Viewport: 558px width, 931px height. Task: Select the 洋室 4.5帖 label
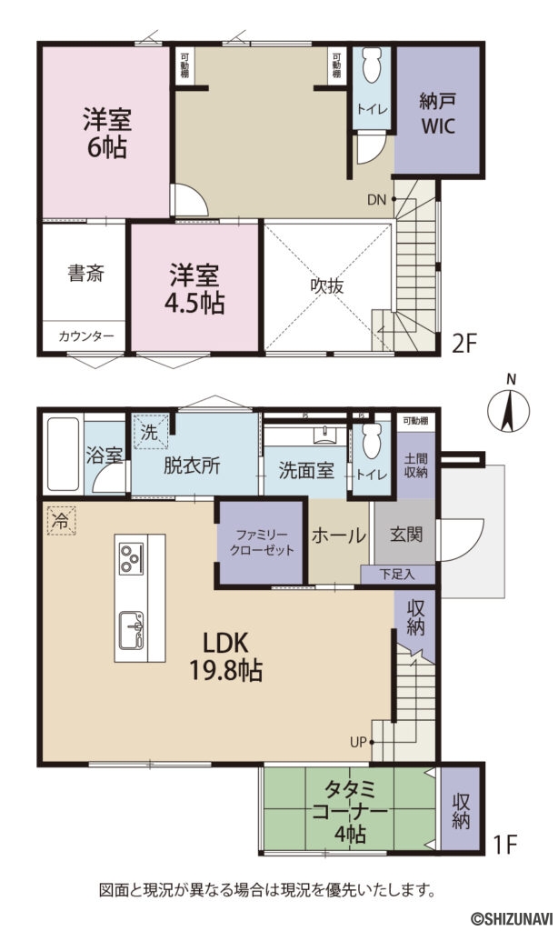[x=195, y=289]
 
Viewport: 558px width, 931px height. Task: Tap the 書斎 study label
[x=86, y=273]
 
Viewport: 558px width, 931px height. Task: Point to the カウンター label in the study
[x=86, y=336]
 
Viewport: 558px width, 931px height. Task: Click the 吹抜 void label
[x=327, y=285]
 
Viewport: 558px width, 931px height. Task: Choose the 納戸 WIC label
[x=436, y=113]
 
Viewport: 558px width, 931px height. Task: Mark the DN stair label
[x=378, y=200]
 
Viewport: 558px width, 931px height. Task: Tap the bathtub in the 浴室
[x=63, y=455]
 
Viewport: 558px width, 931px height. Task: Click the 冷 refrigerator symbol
[x=61, y=521]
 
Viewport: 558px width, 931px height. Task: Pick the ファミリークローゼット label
[x=259, y=543]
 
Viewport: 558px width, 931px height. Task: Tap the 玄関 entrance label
[x=405, y=535]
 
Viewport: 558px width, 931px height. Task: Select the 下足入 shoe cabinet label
[x=397, y=574]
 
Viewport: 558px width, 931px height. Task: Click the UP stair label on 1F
[x=359, y=742]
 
